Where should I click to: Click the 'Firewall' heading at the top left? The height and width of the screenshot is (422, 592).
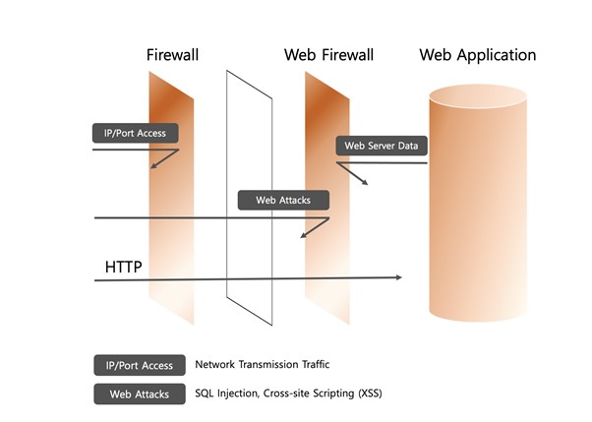click(x=172, y=55)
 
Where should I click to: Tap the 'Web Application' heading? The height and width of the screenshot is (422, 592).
click(x=478, y=55)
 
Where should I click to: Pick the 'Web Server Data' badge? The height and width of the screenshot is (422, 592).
click(x=381, y=146)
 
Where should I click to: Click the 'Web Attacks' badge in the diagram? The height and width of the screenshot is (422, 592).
click(x=283, y=200)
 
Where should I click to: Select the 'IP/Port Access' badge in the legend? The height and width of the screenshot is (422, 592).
click(x=137, y=365)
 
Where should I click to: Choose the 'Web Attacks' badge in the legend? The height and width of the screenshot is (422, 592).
click(x=137, y=394)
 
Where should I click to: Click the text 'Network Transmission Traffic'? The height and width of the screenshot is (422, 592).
click(x=261, y=365)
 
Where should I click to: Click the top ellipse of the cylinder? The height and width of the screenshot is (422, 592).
click(x=478, y=97)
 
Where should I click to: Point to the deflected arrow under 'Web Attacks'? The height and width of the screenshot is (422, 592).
click(x=312, y=228)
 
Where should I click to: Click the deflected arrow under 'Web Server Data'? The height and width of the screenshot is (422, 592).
click(x=352, y=174)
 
